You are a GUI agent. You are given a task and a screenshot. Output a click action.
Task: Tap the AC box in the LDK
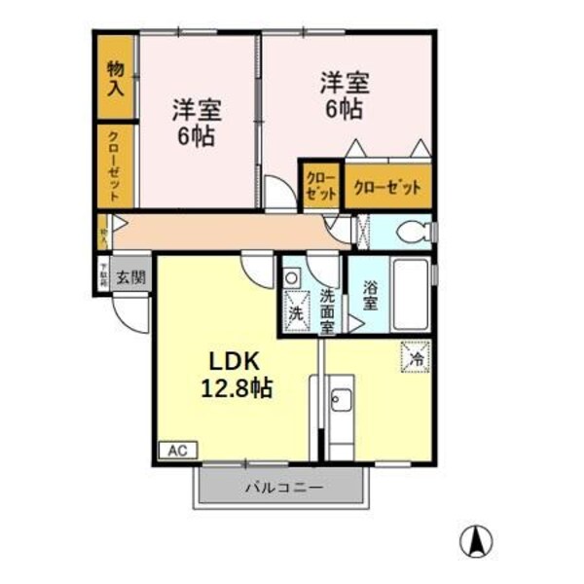[x=177, y=450]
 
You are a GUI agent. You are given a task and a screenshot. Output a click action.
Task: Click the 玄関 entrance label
[x=130, y=277]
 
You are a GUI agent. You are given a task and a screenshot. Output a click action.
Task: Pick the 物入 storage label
[x=115, y=79]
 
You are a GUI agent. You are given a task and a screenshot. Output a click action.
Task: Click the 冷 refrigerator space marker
[x=415, y=358]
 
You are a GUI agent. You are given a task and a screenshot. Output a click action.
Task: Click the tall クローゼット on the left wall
[x=115, y=165]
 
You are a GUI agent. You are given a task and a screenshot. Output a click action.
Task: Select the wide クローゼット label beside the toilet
[x=387, y=186]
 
